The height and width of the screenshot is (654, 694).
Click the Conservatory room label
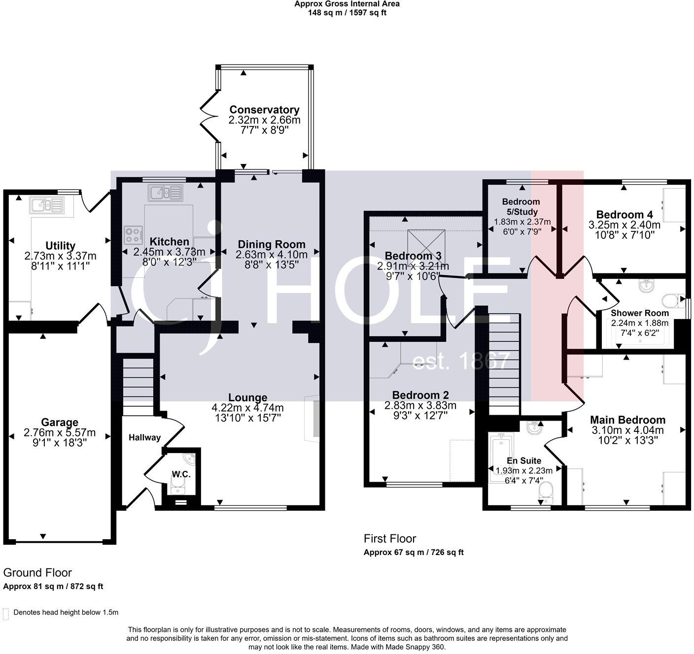(264, 110)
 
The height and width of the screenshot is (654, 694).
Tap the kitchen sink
(167, 192)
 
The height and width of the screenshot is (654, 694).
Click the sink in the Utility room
(46, 204)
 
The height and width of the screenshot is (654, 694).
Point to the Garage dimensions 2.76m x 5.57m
(60, 433)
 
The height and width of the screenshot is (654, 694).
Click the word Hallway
(144, 437)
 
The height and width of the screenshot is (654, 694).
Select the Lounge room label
(247, 397)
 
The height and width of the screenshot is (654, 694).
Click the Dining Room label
(272, 244)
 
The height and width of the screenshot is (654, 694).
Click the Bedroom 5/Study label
(521, 207)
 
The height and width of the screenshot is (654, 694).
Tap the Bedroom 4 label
(624, 215)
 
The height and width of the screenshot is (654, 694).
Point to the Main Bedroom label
(627, 420)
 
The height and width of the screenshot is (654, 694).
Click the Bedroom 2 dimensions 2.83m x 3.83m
(420, 405)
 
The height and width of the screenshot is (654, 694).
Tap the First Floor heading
(389, 539)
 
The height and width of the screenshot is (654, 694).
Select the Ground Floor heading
(37, 573)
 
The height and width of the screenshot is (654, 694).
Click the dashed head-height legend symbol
(6, 614)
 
